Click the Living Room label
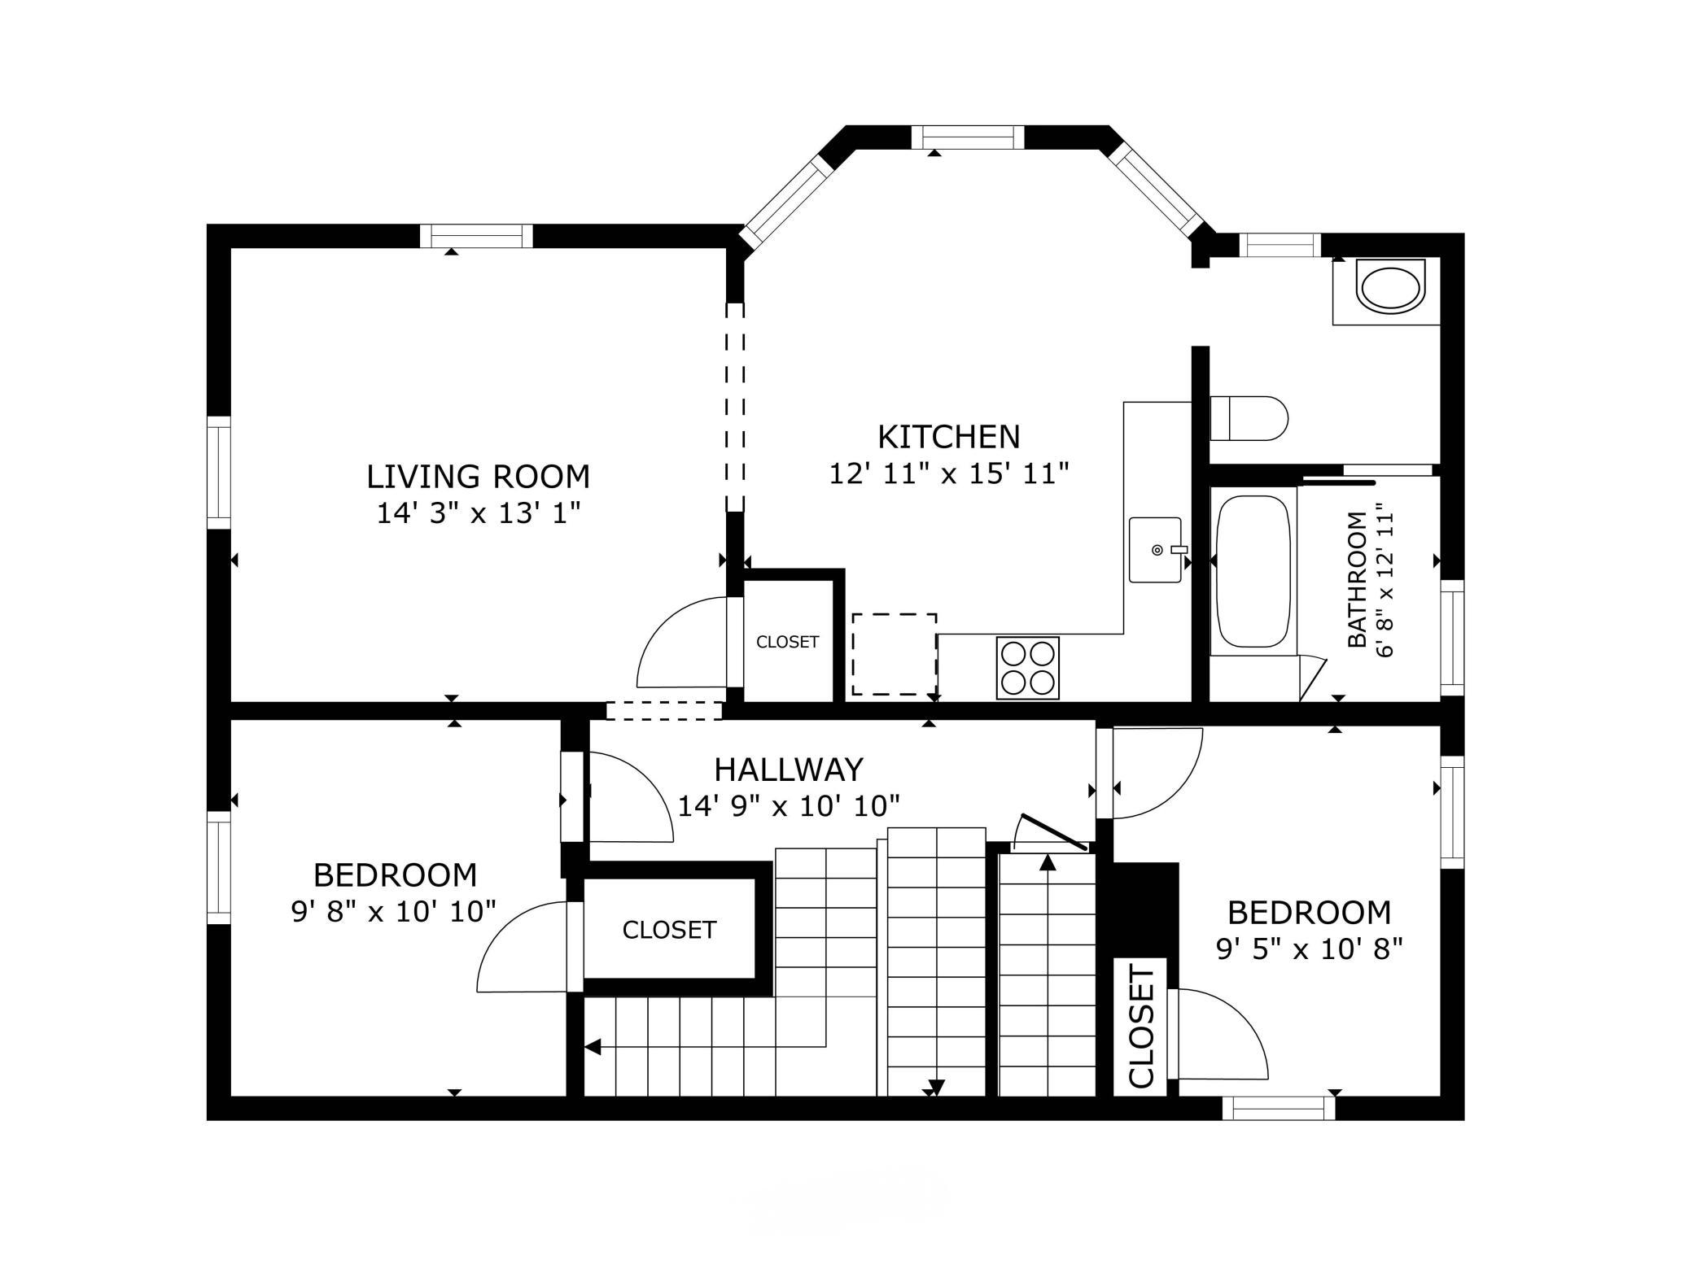point(478,477)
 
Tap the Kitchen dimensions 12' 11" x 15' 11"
point(948,473)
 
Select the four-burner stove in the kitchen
point(1028,668)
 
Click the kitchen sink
point(1155,550)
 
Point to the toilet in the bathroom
point(1249,418)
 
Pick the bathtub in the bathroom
point(1253,571)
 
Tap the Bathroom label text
point(1357,579)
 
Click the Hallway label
point(789,769)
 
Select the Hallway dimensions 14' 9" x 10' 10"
point(789,806)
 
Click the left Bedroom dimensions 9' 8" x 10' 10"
point(394,911)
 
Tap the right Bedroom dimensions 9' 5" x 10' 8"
point(1310,948)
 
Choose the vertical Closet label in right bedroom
point(1142,1027)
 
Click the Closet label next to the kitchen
point(787,642)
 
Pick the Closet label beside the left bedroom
point(669,930)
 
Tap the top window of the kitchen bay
point(968,137)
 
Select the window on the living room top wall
point(476,236)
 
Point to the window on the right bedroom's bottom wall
point(1279,1108)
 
